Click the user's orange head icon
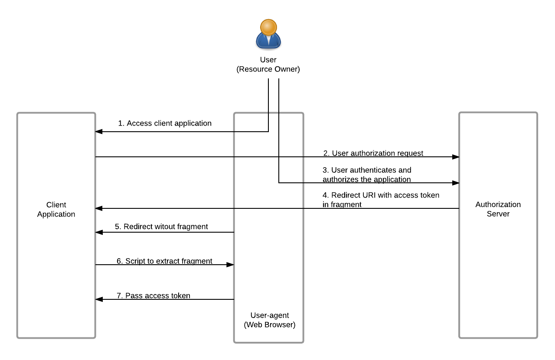coord(268,27)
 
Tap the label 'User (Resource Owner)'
coord(268,65)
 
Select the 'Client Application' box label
coord(56,209)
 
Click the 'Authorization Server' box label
coord(498,209)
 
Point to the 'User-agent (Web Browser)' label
coord(269,320)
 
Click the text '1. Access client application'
coord(165,123)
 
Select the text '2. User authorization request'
coord(373,153)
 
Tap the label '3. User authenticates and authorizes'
coord(367,175)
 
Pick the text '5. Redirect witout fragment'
coord(161,227)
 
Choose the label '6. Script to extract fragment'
coord(164,261)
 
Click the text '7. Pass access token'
coord(153,296)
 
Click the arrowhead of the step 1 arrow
coord(99,132)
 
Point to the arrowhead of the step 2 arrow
coord(456,157)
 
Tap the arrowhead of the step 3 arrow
coord(456,183)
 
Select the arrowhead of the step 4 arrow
coord(99,208)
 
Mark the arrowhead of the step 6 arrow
coord(230,265)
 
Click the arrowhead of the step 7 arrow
coord(99,299)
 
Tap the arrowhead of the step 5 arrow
coord(99,232)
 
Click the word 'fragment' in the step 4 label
coord(346,204)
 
